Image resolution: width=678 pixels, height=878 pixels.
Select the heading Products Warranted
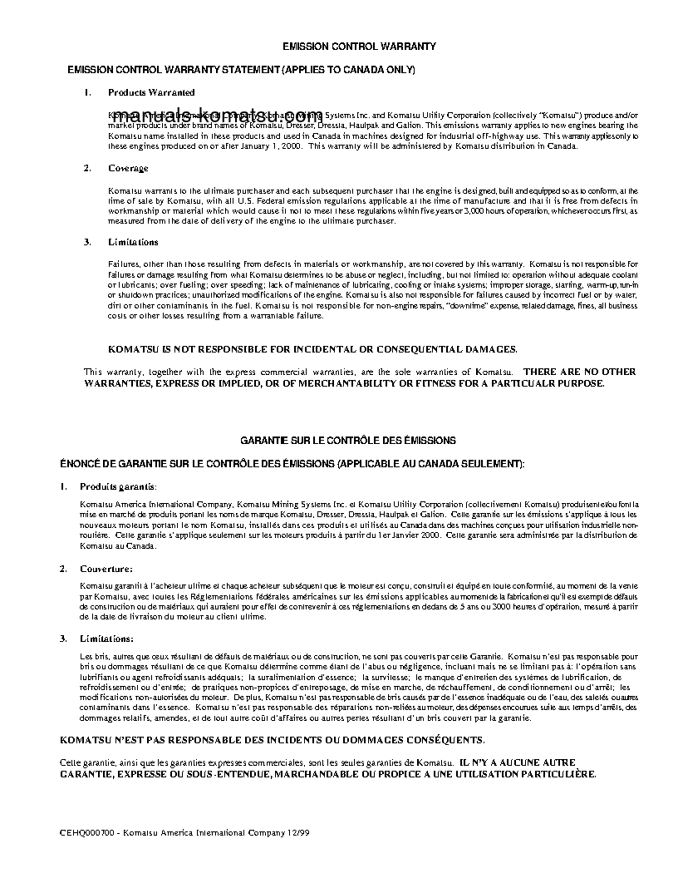(x=151, y=92)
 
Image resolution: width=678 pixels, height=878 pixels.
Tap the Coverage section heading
(x=128, y=168)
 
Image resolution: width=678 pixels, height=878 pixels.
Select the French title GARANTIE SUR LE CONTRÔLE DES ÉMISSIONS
(x=347, y=439)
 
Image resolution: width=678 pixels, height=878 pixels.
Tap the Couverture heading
(x=106, y=569)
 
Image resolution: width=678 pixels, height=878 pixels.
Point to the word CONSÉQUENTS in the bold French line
(x=432, y=739)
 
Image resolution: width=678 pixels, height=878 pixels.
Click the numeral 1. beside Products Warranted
(x=87, y=92)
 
